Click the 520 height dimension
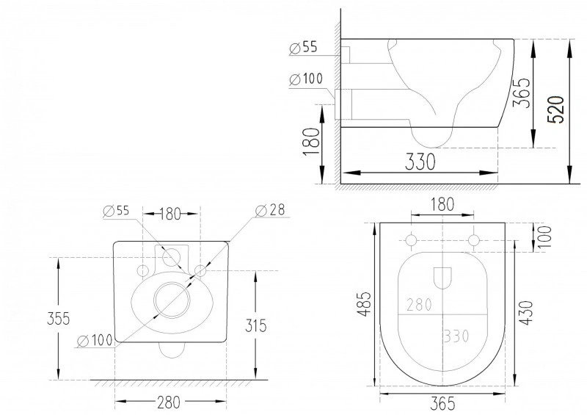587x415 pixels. pyautogui.click(x=555, y=109)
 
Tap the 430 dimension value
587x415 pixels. pyautogui.click(x=526, y=312)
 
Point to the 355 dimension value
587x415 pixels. pyautogui.click(x=59, y=319)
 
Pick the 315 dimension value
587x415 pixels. pyautogui.click(x=256, y=325)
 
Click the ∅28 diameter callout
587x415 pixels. pyautogui.click(x=270, y=210)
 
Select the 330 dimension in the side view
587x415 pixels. pyautogui.click(x=420, y=162)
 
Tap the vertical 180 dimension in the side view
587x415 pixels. pyautogui.click(x=311, y=141)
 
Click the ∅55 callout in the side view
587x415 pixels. pyautogui.click(x=304, y=48)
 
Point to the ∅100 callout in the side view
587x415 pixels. pyautogui.click(x=306, y=79)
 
